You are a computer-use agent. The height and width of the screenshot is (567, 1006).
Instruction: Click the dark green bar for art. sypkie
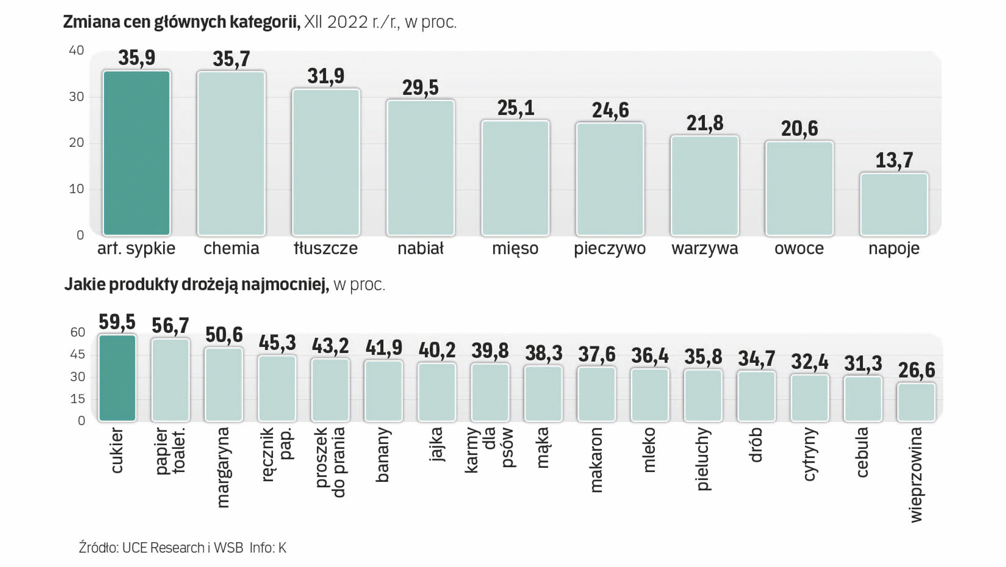[136, 153]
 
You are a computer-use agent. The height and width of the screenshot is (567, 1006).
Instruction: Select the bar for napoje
[894, 204]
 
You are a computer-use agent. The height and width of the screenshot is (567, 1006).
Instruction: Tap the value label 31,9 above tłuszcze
[326, 77]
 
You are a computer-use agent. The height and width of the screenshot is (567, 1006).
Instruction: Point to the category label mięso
[515, 248]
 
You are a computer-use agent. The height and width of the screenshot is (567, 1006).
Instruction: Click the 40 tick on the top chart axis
[77, 50]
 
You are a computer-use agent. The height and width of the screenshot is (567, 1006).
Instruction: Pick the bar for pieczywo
[610, 179]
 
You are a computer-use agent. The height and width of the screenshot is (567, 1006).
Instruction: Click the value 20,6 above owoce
[799, 129]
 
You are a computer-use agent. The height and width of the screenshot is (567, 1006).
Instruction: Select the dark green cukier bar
[117, 377]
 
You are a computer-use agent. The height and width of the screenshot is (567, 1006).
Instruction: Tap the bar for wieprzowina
[916, 402]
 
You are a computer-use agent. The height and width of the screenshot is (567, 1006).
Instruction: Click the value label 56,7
[170, 325]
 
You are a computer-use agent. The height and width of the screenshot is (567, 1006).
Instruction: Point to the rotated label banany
[383, 454]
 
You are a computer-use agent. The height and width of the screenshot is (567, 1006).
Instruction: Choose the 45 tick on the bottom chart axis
[78, 354]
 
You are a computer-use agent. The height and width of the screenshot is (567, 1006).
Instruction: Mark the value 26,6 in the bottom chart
[916, 371]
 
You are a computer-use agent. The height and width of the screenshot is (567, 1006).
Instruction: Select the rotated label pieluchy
[703, 459]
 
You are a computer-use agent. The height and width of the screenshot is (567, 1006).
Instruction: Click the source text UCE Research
[163, 548]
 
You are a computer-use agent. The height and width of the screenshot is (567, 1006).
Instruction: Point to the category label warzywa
[704, 248]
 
